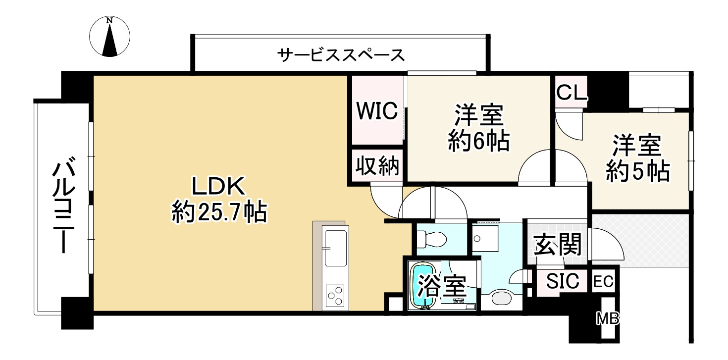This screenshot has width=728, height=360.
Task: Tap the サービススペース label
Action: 341,54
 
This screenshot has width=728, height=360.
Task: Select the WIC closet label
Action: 378,111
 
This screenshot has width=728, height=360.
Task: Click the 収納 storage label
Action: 378,166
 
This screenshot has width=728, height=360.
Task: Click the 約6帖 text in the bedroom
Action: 479,142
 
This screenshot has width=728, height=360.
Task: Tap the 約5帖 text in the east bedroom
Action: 638,172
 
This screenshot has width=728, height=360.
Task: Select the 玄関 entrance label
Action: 557,244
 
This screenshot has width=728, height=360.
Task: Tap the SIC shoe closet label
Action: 563,281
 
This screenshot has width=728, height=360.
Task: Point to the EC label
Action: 604,282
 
